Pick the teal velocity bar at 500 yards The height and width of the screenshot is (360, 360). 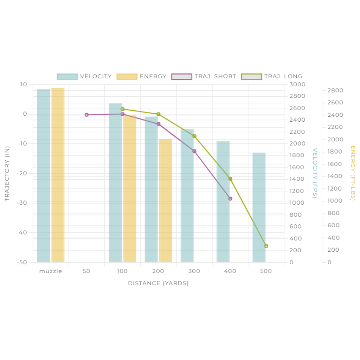click(259, 207)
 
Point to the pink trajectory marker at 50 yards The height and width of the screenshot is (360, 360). click(86, 115)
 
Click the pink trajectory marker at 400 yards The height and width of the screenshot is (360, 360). click(231, 199)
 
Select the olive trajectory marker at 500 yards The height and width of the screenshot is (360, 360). click(266, 246)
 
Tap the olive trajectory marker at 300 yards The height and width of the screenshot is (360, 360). click(195, 136)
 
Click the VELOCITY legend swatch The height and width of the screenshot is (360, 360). click(67, 77)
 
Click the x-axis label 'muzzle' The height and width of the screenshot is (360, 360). click(51, 271)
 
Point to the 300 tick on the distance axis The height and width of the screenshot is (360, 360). click(194, 271)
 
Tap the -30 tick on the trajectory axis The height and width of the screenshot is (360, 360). click(22, 203)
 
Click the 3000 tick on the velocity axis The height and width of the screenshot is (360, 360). click(297, 84)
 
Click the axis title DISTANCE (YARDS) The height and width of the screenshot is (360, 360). click(158, 283)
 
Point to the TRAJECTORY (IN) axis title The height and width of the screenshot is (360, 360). click(7, 174)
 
